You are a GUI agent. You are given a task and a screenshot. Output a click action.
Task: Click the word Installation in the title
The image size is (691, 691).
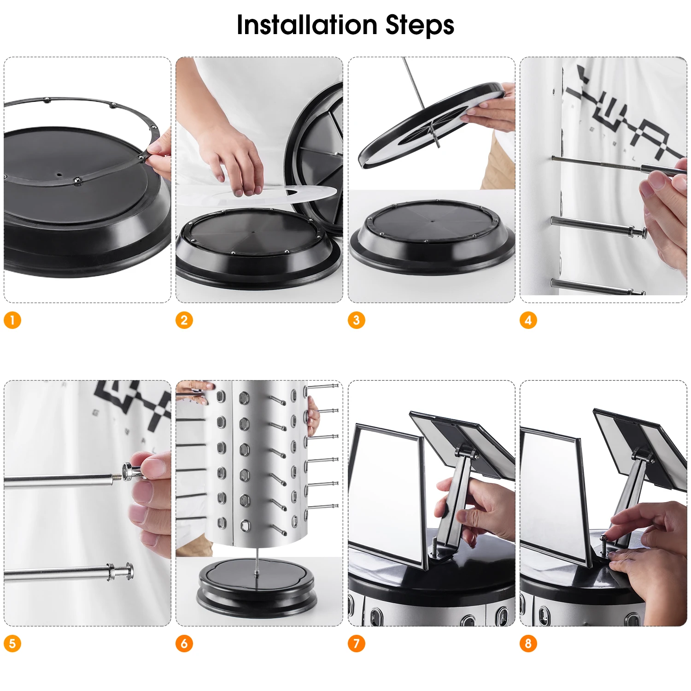click(307, 25)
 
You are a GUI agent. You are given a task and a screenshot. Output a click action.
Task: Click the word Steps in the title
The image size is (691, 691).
click(420, 26)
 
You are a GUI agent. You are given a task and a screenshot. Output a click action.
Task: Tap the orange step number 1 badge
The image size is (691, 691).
click(12, 320)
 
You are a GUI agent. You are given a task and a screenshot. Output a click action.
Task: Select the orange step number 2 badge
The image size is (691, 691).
click(184, 320)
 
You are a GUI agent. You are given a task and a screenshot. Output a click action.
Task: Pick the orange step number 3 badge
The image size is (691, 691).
click(356, 320)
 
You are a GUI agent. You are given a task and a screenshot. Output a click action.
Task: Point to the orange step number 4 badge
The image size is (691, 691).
click(528, 320)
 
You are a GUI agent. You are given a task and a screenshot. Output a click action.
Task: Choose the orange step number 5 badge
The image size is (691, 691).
click(12, 644)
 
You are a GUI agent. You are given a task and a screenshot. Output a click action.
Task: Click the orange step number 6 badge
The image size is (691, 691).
click(184, 644)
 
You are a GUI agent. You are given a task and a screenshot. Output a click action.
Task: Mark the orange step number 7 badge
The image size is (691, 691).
click(356, 644)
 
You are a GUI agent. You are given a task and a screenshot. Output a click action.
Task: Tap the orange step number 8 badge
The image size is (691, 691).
click(528, 644)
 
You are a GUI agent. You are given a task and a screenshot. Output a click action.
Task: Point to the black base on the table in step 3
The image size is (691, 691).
click(432, 237)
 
